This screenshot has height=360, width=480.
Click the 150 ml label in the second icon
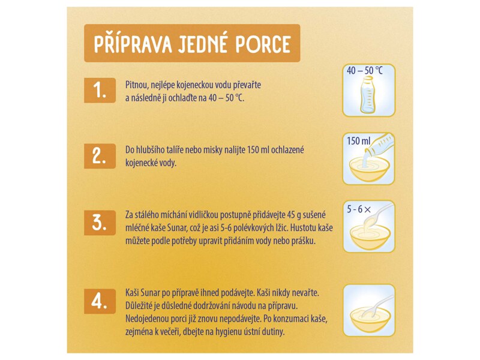[358, 142]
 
